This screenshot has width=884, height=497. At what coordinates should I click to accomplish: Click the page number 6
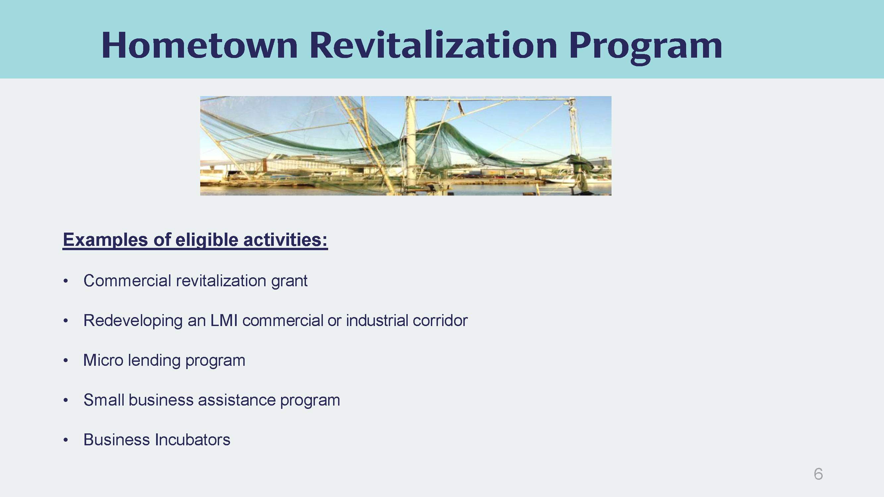(818, 474)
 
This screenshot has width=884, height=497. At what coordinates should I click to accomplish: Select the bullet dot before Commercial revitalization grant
(66, 281)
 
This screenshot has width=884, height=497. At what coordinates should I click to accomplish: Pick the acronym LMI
(224, 320)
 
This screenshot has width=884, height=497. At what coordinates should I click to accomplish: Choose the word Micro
(103, 360)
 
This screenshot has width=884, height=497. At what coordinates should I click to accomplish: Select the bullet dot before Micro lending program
(66, 360)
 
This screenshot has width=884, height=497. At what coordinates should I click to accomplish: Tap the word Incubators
(192, 440)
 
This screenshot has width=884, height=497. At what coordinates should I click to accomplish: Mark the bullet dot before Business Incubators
(66, 440)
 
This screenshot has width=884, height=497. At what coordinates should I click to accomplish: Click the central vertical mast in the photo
(410, 144)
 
